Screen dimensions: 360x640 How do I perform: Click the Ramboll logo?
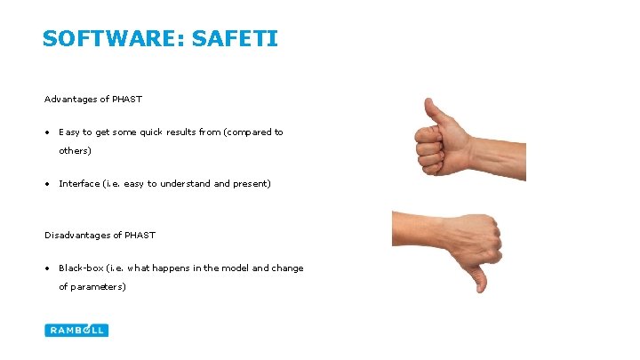(x=76, y=330)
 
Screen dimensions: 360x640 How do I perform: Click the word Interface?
(x=79, y=183)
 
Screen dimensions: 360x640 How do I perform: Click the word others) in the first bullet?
(x=75, y=150)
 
